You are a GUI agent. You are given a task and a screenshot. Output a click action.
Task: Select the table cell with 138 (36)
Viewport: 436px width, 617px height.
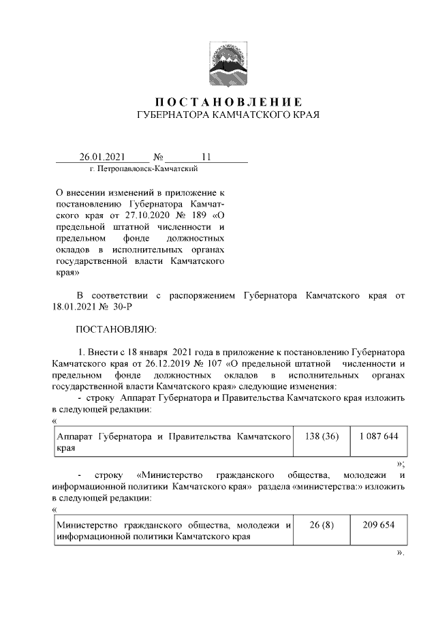(320, 435)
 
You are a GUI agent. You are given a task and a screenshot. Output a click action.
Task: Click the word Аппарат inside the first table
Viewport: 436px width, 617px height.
(74, 435)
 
